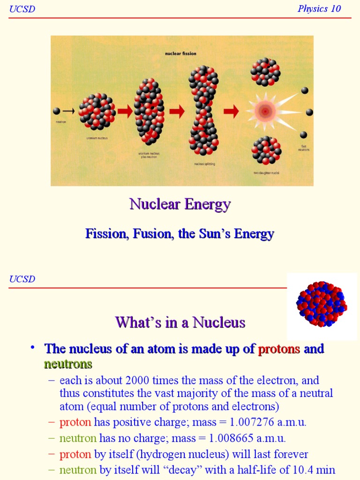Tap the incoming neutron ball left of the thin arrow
[56, 111]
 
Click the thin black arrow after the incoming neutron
[68, 111]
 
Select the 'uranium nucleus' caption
[97, 138]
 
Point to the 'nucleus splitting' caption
[204, 164]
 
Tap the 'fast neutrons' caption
[304, 148]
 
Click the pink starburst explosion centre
[265, 112]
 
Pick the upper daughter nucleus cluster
[265, 72]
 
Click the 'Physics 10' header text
[319, 8]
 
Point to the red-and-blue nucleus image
[322, 304]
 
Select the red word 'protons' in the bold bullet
[279, 349]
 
